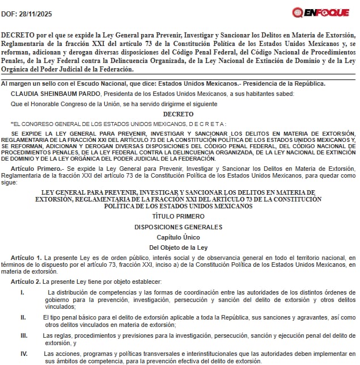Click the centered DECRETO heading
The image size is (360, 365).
pyautogui.click(x=179, y=114)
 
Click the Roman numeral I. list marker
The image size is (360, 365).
pyautogui.click(x=22, y=292)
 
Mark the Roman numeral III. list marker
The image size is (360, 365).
pyautogui.click(x=24, y=335)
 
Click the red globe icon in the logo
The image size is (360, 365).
pyautogui.click(x=297, y=12)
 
